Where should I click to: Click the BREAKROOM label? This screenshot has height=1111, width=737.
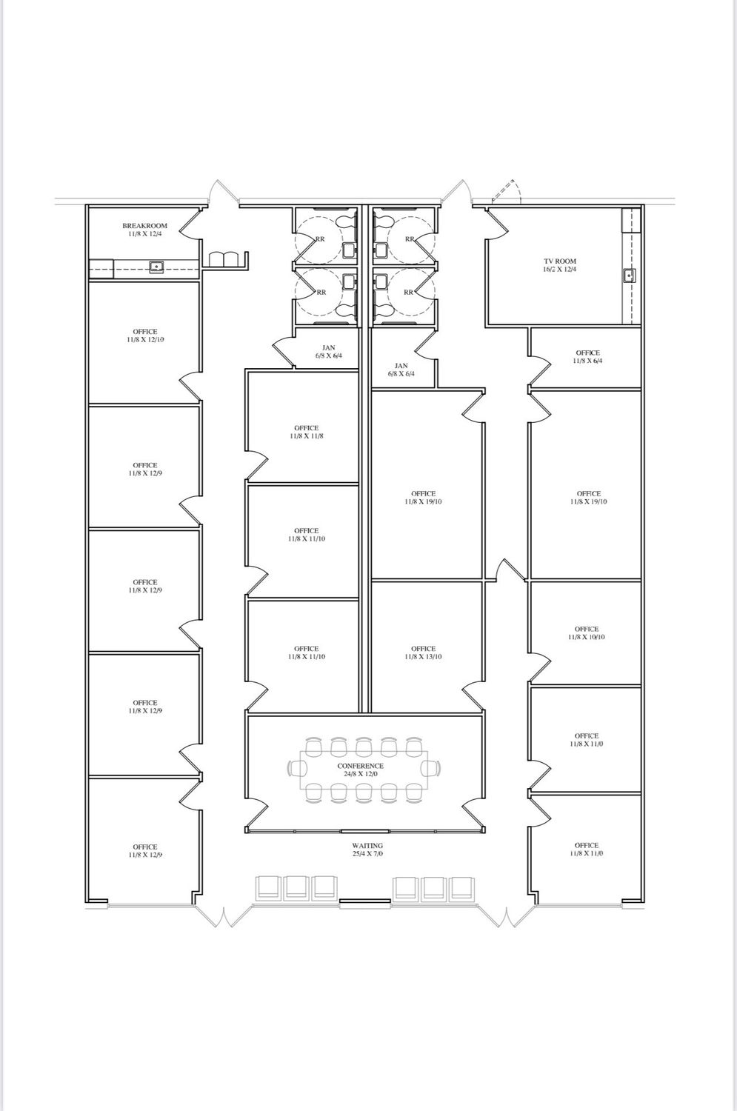click(145, 226)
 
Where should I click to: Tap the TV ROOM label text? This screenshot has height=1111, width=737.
click(559, 261)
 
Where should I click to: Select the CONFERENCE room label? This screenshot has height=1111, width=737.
click(360, 766)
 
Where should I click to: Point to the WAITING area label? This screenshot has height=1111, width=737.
click(367, 846)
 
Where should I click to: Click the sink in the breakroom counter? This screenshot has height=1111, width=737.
click(156, 267)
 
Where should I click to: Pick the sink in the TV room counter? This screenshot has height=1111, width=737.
click(630, 274)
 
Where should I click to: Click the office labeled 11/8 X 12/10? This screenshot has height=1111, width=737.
click(145, 336)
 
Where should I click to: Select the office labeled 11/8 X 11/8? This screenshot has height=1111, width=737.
click(306, 432)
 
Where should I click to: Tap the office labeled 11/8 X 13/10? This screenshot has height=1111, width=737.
click(423, 653)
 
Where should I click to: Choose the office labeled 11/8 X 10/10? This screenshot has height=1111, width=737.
click(586, 633)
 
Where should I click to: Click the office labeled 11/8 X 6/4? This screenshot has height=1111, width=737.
click(587, 356)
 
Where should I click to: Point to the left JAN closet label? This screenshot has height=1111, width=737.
click(328, 352)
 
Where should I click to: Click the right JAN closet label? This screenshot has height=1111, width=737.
click(401, 370)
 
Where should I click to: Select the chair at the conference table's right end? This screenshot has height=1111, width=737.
click(430, 769)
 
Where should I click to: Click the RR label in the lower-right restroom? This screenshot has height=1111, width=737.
click(408, 292)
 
